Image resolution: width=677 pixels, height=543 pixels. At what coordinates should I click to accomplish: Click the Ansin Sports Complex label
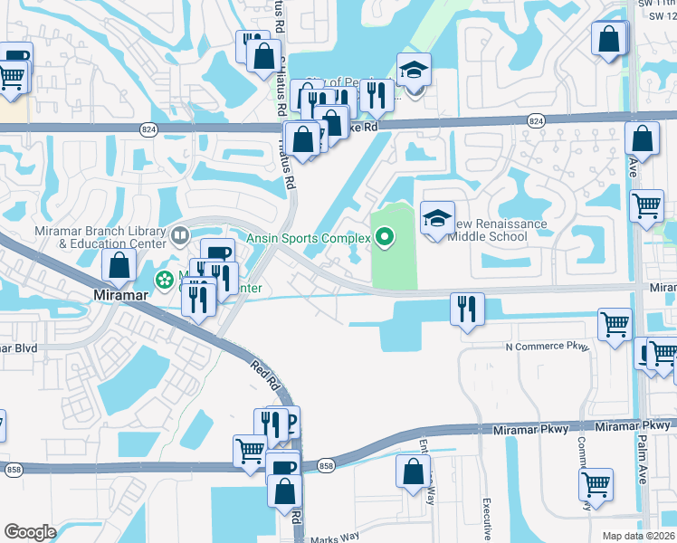(x=309, y=238)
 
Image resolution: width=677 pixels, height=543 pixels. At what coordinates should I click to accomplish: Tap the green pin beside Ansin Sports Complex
(x=385, y=238)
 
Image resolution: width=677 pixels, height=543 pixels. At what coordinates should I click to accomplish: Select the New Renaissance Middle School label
(x=489, y=230)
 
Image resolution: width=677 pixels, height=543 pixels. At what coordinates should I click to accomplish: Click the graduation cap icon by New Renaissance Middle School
(x=437, y=219)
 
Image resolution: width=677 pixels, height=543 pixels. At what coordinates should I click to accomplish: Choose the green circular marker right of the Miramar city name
(x=164, y=281)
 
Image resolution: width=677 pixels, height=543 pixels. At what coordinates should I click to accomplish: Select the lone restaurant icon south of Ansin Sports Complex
(x=467, y=310)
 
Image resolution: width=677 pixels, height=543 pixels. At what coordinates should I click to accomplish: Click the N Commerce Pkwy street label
(x=547, y=347)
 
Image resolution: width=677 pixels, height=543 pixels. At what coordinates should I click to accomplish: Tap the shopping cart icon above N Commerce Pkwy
(x=615, y=324)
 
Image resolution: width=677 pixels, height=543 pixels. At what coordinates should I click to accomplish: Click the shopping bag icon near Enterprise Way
(x=414, y=472)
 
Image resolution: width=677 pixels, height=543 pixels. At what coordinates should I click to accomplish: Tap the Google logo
(x=30, y=532)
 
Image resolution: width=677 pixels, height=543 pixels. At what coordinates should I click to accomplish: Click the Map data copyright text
(x=638, y=536)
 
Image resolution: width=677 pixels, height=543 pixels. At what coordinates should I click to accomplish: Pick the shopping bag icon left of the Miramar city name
(x=119, y=266)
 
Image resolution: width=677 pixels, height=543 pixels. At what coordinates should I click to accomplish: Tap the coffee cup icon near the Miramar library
(x=216, y=255)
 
